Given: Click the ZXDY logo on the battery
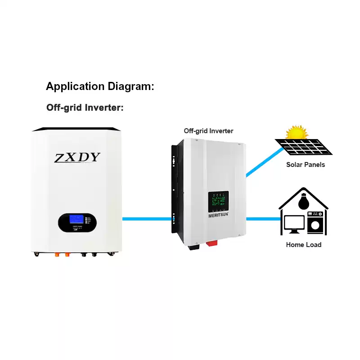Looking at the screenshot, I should [77, 157].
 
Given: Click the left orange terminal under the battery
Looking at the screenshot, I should [58, 254].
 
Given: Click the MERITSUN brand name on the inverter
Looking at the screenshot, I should [218, 215].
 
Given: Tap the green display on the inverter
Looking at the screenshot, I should [218, 201].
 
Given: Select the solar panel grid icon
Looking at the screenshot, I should [303, 146].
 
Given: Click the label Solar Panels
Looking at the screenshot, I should [306, 165].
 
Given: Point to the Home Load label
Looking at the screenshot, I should [304, 245].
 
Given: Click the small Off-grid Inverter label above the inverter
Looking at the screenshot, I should [208, 131].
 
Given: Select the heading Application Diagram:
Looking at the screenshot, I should [100, 87].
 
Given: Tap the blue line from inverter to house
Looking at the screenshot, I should [263, 219].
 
